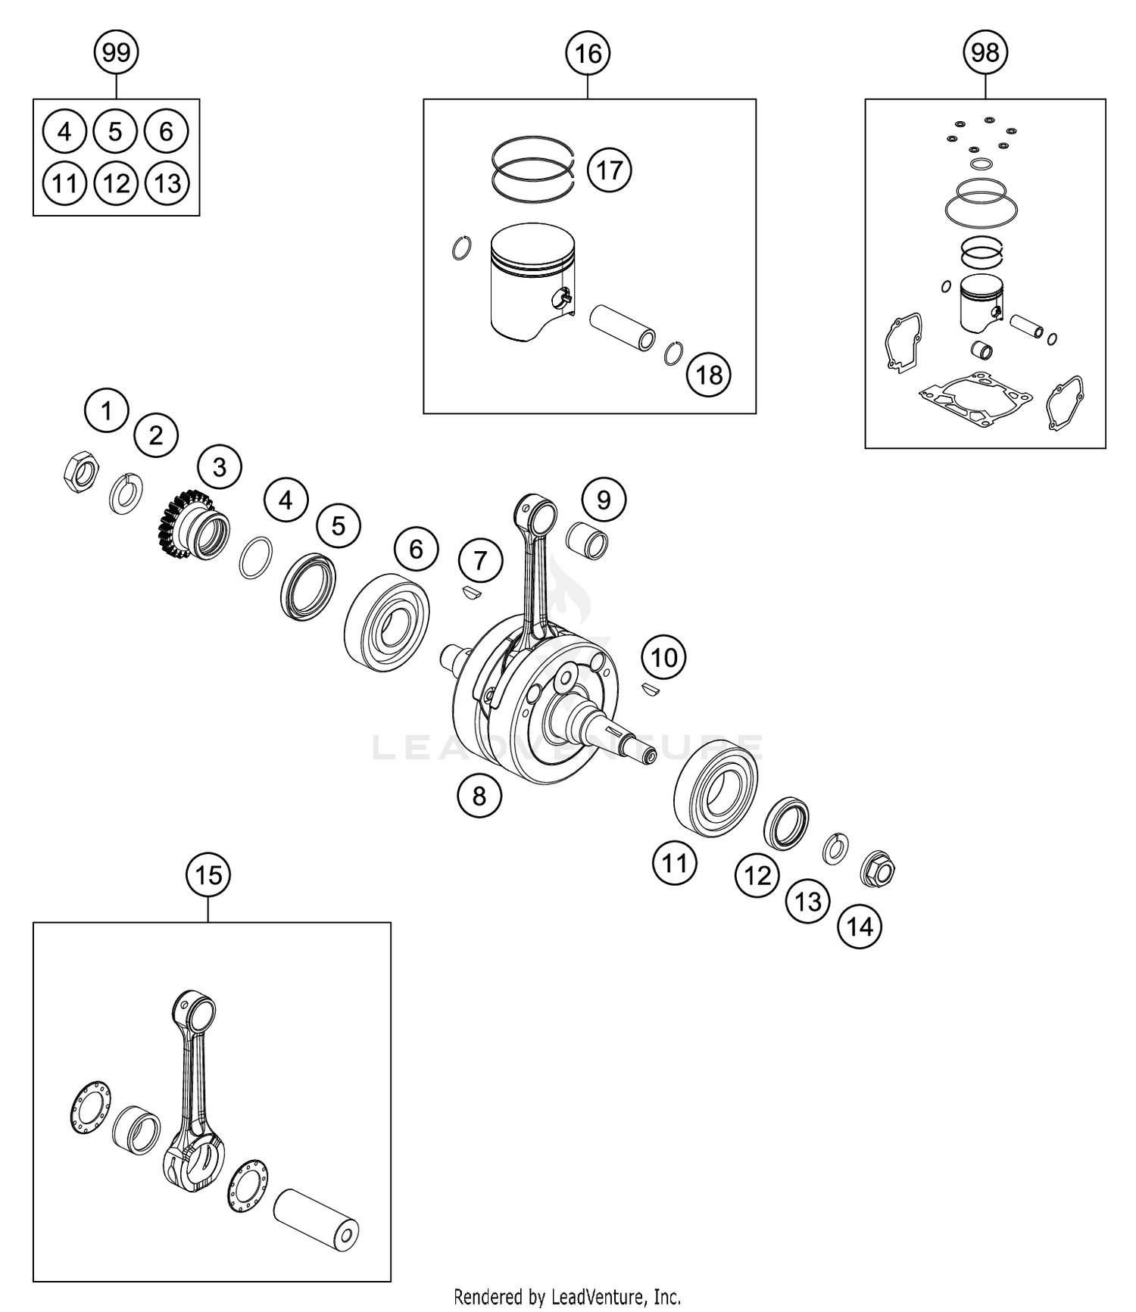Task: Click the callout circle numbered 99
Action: (x=116, y=52)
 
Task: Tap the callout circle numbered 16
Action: (x=588, y=54)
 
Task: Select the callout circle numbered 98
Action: (x=985, y=52)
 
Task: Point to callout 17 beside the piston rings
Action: (x=609, y=170)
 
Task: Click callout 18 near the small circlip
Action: (x=709, y=374)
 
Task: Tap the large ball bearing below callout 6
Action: (x=386, y=622)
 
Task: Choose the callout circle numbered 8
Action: (x=479, y=796)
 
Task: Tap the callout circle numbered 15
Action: (x=208, y=875)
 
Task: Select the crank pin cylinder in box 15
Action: (x=316, y=1219)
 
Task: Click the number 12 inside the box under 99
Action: (x=116, y=183)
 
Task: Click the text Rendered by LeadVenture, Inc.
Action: (x=567, y=1297)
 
